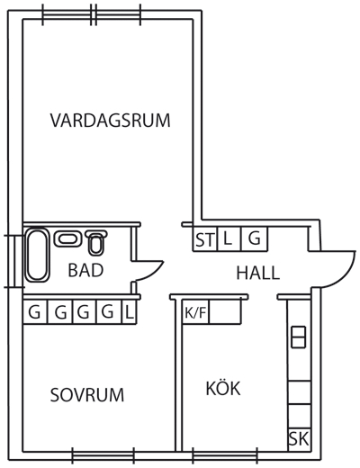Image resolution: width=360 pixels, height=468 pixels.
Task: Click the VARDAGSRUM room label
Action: (x=110, y=121)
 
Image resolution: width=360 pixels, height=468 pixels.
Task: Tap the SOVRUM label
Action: (x=87, y=395)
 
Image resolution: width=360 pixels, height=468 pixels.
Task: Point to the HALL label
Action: (x=258, y=273)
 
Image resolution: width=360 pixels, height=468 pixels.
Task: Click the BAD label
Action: (x=85, y=270)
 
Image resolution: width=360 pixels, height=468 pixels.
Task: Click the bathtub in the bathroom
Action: (x=37, y=255)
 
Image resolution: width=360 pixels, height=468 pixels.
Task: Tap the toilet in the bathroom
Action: (x=96, y=242)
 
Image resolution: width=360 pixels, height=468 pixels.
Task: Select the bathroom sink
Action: (x=67, y=239)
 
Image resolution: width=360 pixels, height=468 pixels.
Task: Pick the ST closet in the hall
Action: (x=205, y=239)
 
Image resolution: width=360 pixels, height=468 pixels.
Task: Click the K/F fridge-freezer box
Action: (x=195, y=312)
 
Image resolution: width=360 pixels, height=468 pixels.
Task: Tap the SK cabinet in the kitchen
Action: (x=299, y=439)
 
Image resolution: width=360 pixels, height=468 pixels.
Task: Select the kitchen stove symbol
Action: (x=299, y=337)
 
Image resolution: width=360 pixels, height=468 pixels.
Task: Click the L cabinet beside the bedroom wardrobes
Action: (x=130, y=312)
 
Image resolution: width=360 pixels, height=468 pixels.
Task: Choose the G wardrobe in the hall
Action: (x=255, y=239)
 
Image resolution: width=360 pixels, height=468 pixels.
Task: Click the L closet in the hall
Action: (x=229, y=239)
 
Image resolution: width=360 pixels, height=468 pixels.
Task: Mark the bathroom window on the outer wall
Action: (x=14, y=261)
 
